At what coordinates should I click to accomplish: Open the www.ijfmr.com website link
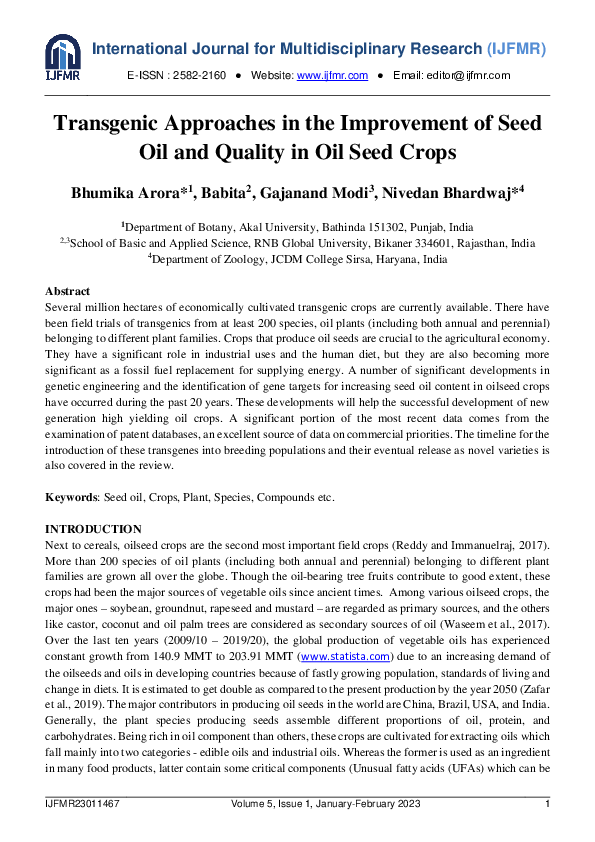coord(332,76)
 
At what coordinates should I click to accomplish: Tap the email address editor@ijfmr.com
coord(467,76)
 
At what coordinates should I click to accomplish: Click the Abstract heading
coord(68,291)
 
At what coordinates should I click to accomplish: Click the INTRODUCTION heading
coord(94,529)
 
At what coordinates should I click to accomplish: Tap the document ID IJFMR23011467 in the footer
coord(84,804)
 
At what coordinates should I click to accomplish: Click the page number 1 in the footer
coord(546,804)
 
